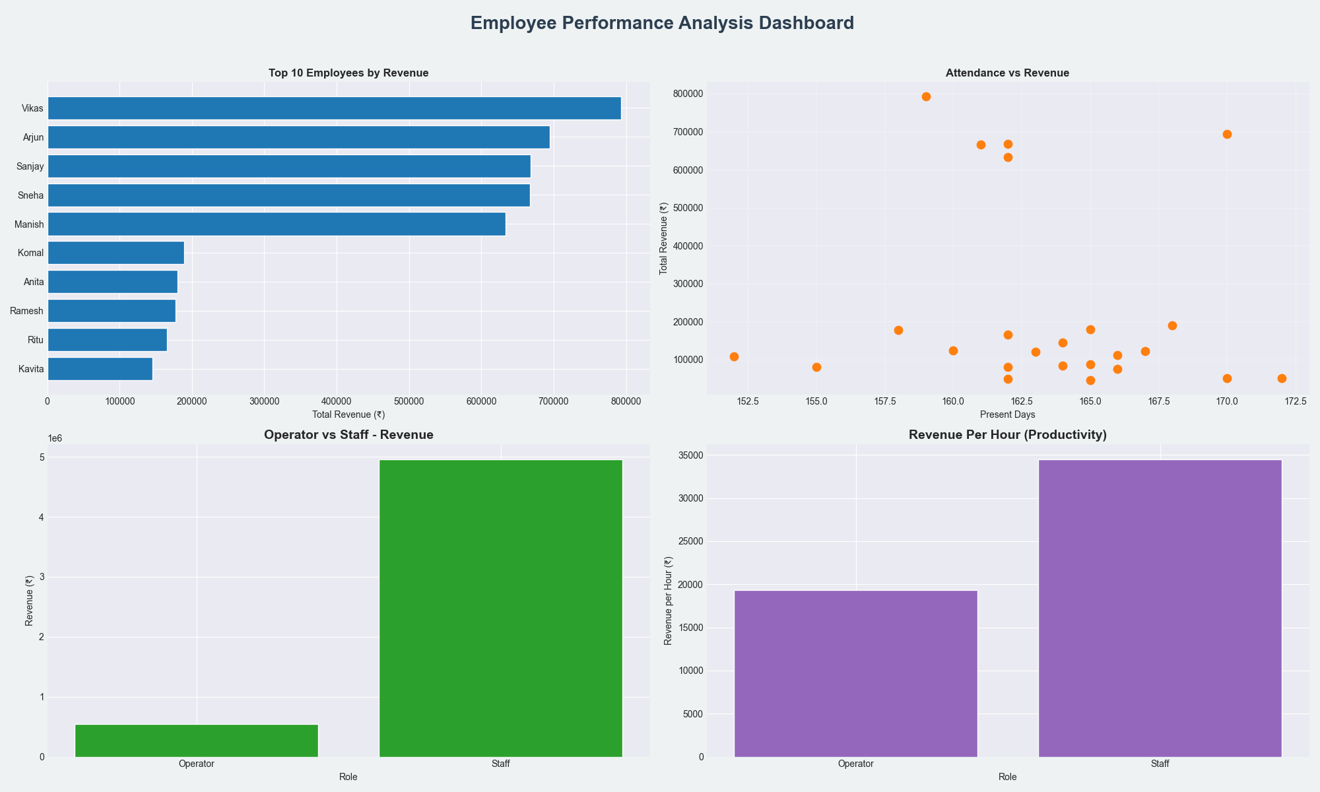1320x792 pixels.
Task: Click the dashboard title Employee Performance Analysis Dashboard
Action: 662,24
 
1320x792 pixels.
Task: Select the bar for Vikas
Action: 334,108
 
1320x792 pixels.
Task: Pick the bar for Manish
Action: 277,224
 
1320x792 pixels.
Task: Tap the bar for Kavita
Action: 100,369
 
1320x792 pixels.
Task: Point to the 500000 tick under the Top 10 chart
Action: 337,401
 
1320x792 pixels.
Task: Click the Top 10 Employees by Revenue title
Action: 348,73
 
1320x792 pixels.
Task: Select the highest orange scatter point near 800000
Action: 926,96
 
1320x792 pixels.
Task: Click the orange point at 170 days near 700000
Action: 1227,134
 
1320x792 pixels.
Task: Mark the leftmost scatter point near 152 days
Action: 734,356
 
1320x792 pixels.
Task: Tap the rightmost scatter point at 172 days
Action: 1282,378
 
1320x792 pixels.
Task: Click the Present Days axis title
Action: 1007,414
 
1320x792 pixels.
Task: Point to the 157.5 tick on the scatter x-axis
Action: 898,401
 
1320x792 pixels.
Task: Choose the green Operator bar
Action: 197,741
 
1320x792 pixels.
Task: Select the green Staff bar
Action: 500,607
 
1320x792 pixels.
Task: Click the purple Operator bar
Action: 855,673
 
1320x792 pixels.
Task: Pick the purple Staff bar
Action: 1160,607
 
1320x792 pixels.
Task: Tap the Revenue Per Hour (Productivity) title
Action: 1007,435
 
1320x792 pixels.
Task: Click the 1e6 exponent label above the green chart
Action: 55,439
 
